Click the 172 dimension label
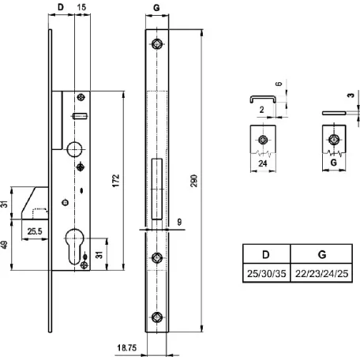click(x=116, y=181)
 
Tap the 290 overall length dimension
click(x=194, y=181)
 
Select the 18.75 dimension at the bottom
click(x=127, y=348)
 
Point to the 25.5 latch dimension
click(x=35, y=231)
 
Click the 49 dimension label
click(x=4, y=244)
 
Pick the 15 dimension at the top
click(x=81, y=7)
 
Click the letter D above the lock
click(x=61, y=7)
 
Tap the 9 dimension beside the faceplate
click(x=179, y=222)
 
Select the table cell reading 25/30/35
click(x=266, y=273)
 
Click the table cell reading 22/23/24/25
click(x=321, y=273)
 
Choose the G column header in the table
click(x=321, y=254)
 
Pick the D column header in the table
click(x=266, y=254)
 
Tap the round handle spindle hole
click(x=74, y=149)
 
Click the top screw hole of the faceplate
click(x=157, y=44)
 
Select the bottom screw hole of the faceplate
click(x=157, y=317)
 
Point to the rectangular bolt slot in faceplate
click(x=157, y=189)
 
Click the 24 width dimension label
click(x=263, y=163)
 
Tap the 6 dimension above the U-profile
click(x=279, y=84)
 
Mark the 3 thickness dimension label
click(x=351, y=95)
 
